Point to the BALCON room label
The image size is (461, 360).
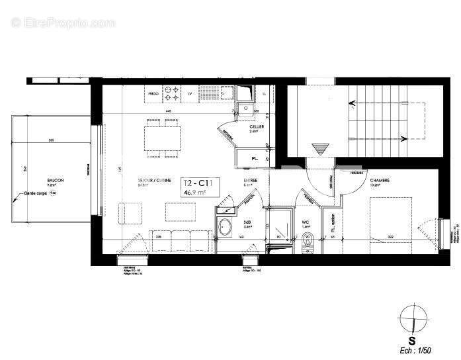click(x=56, y=180)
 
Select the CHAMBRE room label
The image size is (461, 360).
click(x=379, y=180)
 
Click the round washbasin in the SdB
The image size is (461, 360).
click(x=226, y=227)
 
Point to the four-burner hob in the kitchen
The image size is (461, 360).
click(x=173, y=92)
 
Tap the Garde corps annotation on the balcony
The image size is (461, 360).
click(x=36, y=193)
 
